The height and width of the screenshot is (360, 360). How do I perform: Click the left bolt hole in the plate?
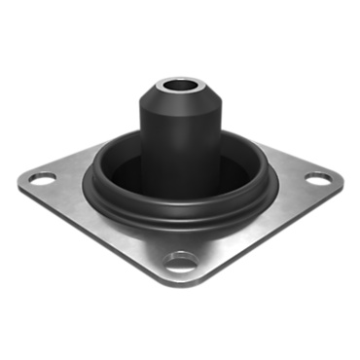43,178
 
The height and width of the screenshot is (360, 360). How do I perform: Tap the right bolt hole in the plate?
318,178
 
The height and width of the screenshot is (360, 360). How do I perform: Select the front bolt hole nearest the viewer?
180,260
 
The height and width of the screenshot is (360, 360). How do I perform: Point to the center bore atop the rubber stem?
181,84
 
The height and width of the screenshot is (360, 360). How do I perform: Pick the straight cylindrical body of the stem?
181,156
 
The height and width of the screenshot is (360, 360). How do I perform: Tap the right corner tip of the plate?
343,180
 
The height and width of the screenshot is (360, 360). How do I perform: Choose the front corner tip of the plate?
180,282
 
